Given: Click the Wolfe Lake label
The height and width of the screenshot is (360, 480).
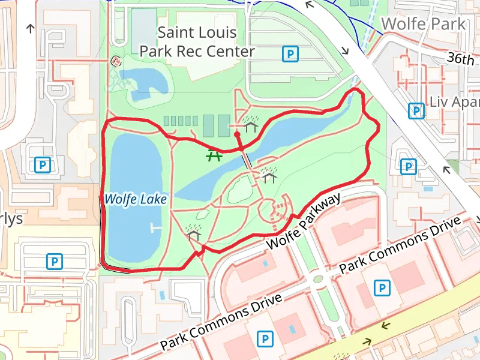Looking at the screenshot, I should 135,199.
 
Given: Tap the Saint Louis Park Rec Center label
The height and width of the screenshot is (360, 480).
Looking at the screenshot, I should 197,42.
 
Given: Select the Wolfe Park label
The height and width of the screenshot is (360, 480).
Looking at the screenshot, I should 424,24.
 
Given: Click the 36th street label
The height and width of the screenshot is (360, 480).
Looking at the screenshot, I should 460,59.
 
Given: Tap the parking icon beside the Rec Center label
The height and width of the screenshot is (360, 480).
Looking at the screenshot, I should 290,55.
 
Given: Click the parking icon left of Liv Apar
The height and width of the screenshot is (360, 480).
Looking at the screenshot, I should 415,111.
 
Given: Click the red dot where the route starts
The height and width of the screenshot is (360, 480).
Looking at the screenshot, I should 238,135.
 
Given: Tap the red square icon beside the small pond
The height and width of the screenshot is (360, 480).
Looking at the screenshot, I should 116,61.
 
